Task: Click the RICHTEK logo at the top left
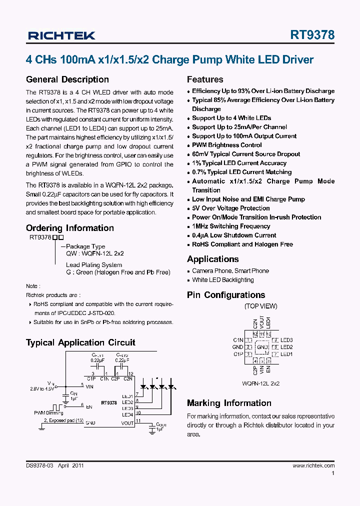[x=61, y=35]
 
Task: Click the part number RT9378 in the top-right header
[x=312, y=35]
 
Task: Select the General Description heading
[x=67, y=79]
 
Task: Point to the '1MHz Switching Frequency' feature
[x=231, y=226]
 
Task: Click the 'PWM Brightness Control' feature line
[x=226, y=145]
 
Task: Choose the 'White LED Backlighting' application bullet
[x=222, y=280]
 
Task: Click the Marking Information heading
[x=229, y=403]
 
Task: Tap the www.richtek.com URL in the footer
[x=313, y=465]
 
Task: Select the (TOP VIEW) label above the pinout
[x=260, y=306]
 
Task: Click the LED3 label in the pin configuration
[x=286, y=340]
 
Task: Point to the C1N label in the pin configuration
[x=238, y=340]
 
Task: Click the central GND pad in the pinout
[x=261, y=347]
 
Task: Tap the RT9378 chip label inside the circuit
[x=109, y=402]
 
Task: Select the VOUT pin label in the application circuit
[x=127, y=423]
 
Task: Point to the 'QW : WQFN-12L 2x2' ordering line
[x=94, y=253]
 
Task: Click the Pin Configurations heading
[x=225, y=295]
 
